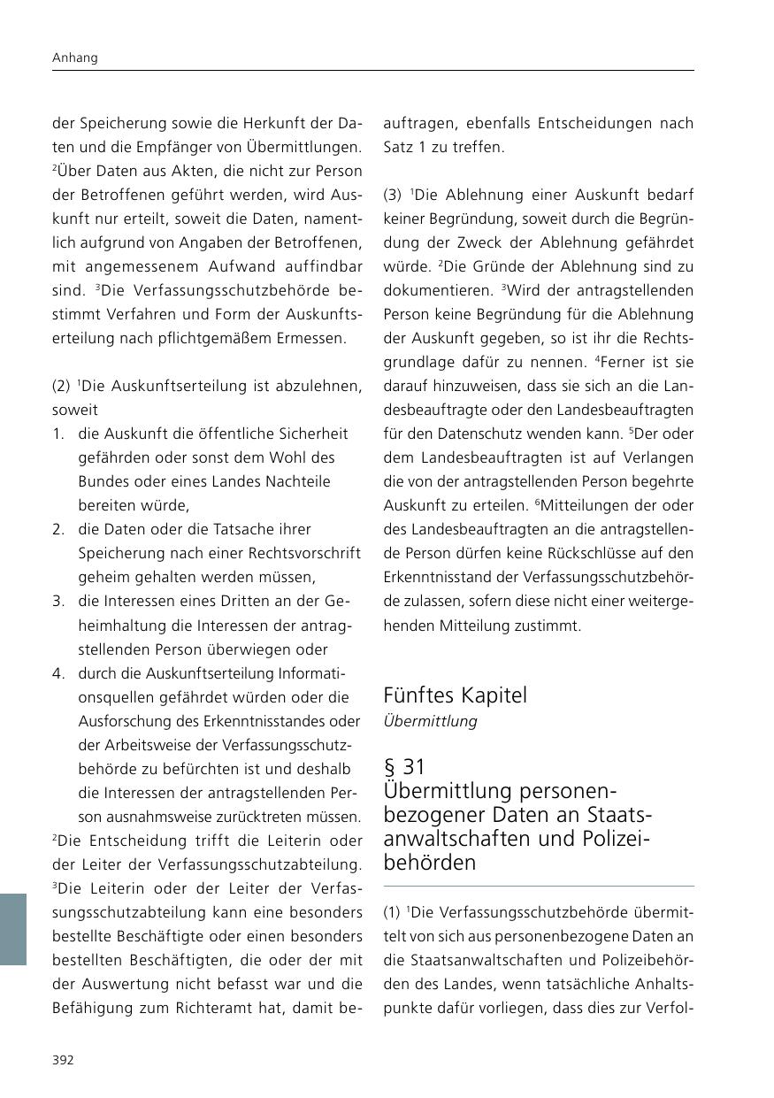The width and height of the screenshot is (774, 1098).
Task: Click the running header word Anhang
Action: tap(74, 58)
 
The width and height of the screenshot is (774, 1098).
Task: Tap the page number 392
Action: tap(63, 1060)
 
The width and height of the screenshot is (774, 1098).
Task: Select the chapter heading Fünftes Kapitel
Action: tap(455, 695)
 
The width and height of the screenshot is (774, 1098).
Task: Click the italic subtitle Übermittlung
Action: tap(430, 721)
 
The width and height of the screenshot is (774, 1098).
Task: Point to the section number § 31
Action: tap(405, 766)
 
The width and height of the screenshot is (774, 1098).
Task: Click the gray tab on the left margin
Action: tap(13, 929)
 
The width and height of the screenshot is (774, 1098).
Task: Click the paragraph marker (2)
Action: tap(61, 386)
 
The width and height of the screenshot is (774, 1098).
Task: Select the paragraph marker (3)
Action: tap(392, 195)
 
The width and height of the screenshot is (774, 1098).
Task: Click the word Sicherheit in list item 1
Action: tap(316, 434)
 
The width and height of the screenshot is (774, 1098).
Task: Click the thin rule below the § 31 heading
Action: tap(538, 886)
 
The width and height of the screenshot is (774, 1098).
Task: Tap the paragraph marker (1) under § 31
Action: tap(392, 912)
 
